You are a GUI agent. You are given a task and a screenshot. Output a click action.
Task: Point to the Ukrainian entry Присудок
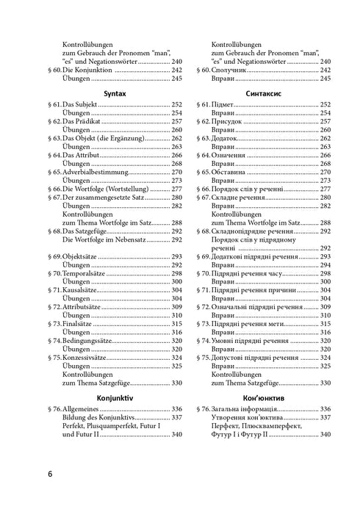(x=228, y=122)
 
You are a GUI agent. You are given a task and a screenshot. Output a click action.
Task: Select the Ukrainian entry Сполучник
(x=231, y=70)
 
